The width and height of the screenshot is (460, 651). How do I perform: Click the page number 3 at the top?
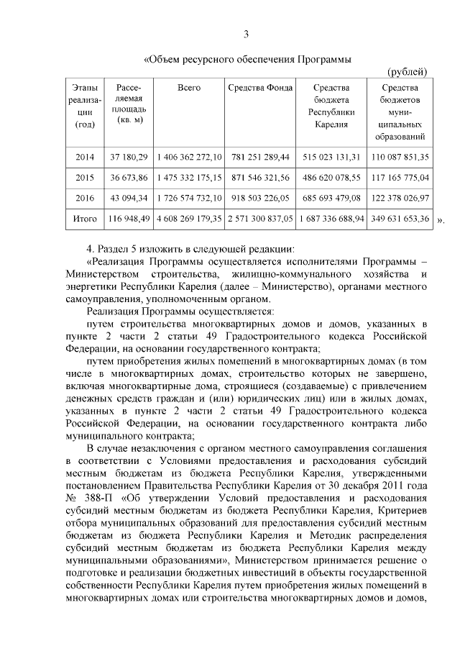tap(246, 34)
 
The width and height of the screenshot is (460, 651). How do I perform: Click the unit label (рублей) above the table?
tap(408, 70)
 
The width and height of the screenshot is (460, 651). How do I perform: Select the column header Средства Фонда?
tap(259, 88)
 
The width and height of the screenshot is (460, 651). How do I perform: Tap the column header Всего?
tap(188, 88)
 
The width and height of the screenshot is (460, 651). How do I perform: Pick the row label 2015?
tap(85, 176)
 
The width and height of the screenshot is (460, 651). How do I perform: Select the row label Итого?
tap(85, 217)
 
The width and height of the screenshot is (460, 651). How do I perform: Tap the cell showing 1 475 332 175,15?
tap(188, 176)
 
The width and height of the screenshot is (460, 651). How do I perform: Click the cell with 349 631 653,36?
tap(400, 217)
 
